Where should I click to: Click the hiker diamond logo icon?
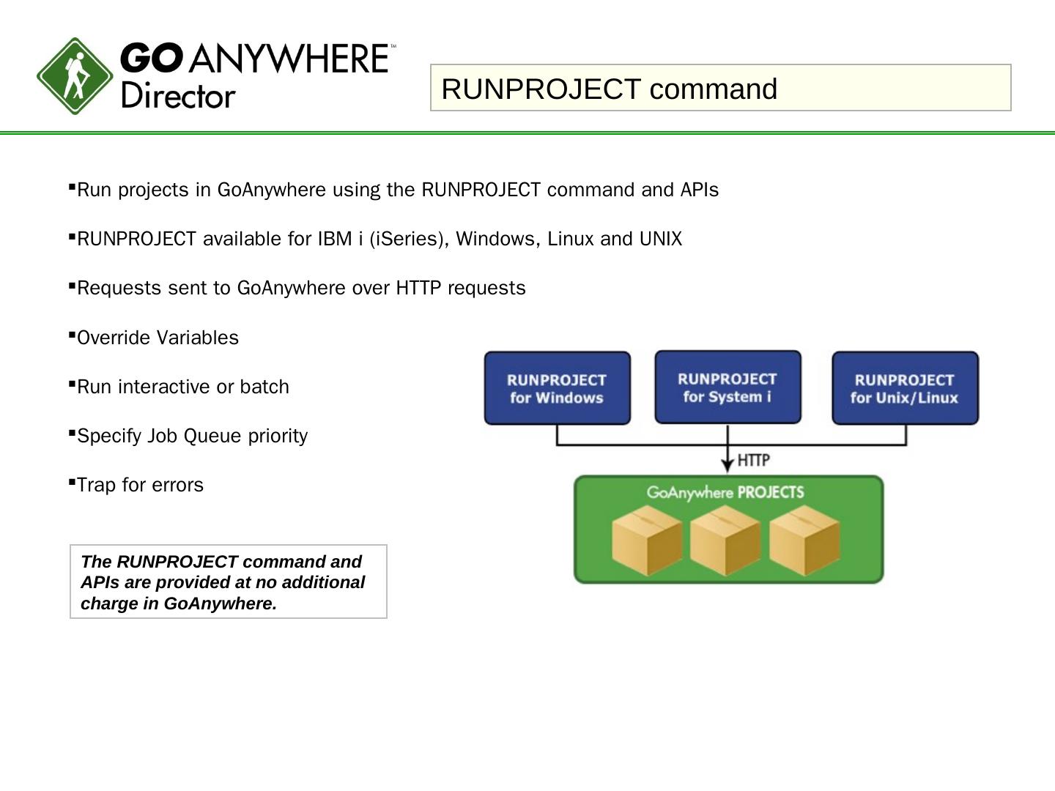tap(75, 76)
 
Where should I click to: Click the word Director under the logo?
tap(178, 96)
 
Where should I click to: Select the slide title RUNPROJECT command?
tap(609, 89)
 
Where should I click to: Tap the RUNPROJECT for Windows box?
tap(557, 388)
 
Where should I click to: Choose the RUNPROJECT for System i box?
tap(728, 387)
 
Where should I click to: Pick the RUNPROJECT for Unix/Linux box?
tap(905, 388)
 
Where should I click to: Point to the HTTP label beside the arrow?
tap(753, 460)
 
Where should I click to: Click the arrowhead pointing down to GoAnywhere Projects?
tap(728, 465)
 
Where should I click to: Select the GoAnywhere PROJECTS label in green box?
tap(725, 492)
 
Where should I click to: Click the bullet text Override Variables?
tap(158, 338)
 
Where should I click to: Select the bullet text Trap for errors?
tap(140, 485)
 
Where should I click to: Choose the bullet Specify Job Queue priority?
tap(192, 436)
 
